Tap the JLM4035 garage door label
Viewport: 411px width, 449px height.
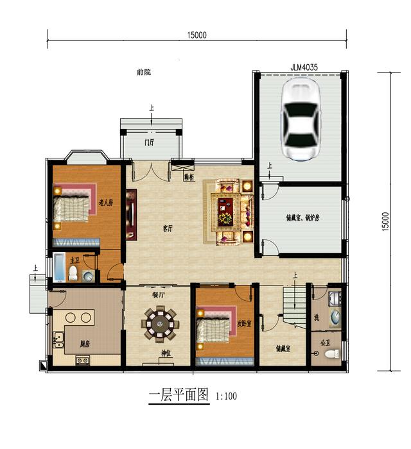[x=304, y=66]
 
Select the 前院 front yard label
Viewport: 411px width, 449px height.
[x=144, y=72]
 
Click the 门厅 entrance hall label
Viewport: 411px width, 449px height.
[x=149, y=142]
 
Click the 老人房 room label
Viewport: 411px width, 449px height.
[x=106, y=203]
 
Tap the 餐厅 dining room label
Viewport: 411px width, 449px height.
[x=158, y=296]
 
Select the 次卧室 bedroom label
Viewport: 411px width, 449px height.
[x=244, y=325]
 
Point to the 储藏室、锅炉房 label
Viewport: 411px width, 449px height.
[x=302, y=217]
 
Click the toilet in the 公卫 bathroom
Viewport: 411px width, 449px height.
[x=331, y=353]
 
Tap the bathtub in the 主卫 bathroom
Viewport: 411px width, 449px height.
[x=60, y=267]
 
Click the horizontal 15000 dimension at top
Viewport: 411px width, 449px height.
[x=197, y=36]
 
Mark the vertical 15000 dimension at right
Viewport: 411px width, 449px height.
[x=385, y=222]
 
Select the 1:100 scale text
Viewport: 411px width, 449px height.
[x=227, y=396]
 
